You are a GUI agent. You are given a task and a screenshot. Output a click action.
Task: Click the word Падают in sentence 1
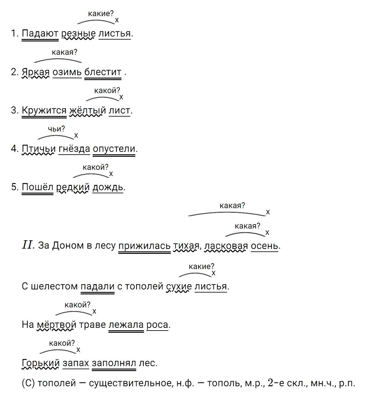click(x=40, y=33)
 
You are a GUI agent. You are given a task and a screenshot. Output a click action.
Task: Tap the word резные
click(x=78, y=34)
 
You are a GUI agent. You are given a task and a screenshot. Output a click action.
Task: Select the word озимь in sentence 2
click(x=67, y=72)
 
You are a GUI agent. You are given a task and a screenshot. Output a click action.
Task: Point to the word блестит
click(x=103, y=72)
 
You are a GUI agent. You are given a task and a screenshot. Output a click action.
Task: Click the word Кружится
click(x=44, y=111)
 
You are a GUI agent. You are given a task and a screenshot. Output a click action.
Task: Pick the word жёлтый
click(x=87, y=111)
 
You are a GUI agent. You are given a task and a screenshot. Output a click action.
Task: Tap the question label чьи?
click(x=57, y=129)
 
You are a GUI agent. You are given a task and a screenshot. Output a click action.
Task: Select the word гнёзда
click(x=74, y=149)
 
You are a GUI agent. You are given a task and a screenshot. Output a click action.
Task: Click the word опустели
click(x=114, y=149)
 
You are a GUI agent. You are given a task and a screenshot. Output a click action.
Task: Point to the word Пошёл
click(x=37, y=187)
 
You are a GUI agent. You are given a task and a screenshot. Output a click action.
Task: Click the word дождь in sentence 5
click(x=108, y=188)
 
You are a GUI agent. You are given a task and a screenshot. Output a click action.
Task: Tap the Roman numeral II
click(x=28, y=245)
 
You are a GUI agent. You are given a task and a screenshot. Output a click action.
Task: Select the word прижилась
click(x=145, y=246)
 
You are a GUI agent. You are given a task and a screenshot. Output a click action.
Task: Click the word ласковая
click(x=226, y=246)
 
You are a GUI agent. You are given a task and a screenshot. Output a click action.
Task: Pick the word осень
click(x=264, y=246)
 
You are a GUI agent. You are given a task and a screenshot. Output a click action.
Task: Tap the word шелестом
click(x=54, y=286)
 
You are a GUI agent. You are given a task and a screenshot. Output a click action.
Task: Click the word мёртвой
click(x=57, y=325)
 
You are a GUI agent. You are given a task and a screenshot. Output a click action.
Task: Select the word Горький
click(x=41, y=363)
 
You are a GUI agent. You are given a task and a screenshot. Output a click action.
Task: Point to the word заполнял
click(x=114, y=363)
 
